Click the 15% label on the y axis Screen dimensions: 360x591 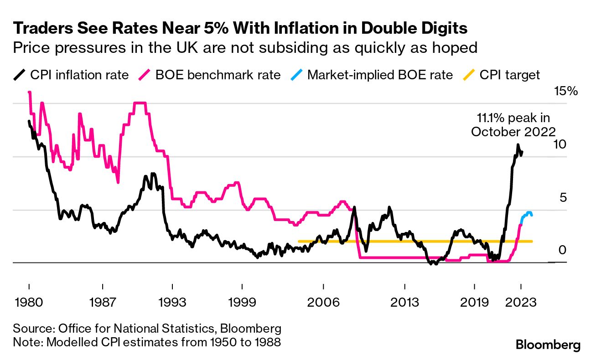(x=565, y=91)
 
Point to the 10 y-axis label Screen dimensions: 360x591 (x=561, y=144)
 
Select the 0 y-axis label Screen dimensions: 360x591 (x=562, y=250)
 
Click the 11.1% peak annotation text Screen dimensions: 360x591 (x=513, y=125)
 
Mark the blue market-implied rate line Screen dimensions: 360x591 (x=527, y=214)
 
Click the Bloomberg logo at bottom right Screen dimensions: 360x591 (x=548, y=345)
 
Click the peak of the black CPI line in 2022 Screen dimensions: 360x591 (x=518, y=145)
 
